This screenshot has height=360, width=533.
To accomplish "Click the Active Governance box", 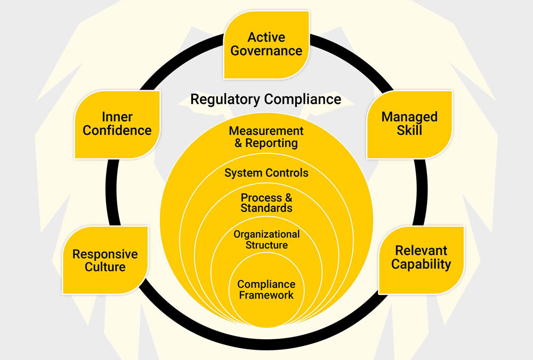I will click(x=266, y=44).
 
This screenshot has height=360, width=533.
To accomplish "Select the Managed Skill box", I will click(x=409, y=124).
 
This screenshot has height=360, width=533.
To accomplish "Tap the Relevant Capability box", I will click(x=421, y=258).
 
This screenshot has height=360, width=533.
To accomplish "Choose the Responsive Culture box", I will click(x=105, y=260).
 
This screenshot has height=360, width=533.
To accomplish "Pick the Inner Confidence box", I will click(x=117, y=124).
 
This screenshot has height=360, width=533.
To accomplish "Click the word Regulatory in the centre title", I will click(x=225, y=99).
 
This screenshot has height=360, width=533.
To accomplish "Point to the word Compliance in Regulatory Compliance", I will click(x=303, y=99).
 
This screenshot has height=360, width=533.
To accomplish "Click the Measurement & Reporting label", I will click(x=266, y=137).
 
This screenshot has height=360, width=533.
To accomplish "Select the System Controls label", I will click(x=266, y=173).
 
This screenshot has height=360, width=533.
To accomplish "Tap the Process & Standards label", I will click(x=266, y=203).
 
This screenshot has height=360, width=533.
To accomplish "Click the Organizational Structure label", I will click(x=266, y=239).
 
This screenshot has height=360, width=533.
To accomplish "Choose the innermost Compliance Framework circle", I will click(x=266, y=290).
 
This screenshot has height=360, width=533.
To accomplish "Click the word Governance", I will click(x=266, y=51).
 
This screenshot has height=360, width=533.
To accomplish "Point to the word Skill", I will click(x=409, y=131).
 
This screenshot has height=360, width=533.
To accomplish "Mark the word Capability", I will click(x=421, y=265).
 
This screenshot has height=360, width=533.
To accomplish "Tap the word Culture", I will click(x=105, y=267).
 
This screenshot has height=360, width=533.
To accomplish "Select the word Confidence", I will click(x=117, y=131).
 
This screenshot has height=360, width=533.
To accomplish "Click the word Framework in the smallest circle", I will click(x=266, y=295).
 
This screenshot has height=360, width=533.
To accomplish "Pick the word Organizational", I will click(x=266, y=234).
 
